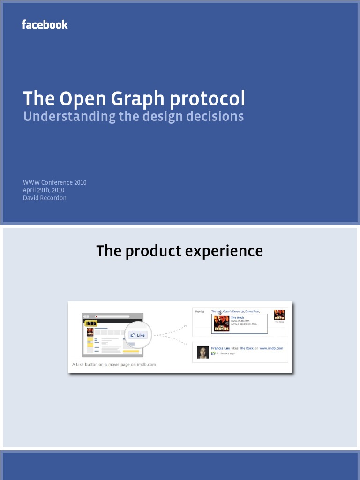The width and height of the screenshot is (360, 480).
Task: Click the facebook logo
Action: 45,24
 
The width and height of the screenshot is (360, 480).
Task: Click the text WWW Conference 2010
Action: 54,182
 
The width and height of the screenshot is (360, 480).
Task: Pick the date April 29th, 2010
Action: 44,190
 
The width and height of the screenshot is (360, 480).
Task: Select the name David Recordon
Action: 45,198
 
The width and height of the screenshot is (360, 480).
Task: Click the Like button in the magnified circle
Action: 138,335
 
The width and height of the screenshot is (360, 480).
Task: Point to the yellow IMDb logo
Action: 91,323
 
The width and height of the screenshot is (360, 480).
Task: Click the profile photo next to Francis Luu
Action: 202,352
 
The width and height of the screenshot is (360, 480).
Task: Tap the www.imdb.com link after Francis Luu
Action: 271,348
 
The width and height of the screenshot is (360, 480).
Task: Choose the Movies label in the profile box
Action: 200,311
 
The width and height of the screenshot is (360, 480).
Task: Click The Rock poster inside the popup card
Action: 221,323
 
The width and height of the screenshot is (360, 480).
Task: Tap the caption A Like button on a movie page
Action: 114,364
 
